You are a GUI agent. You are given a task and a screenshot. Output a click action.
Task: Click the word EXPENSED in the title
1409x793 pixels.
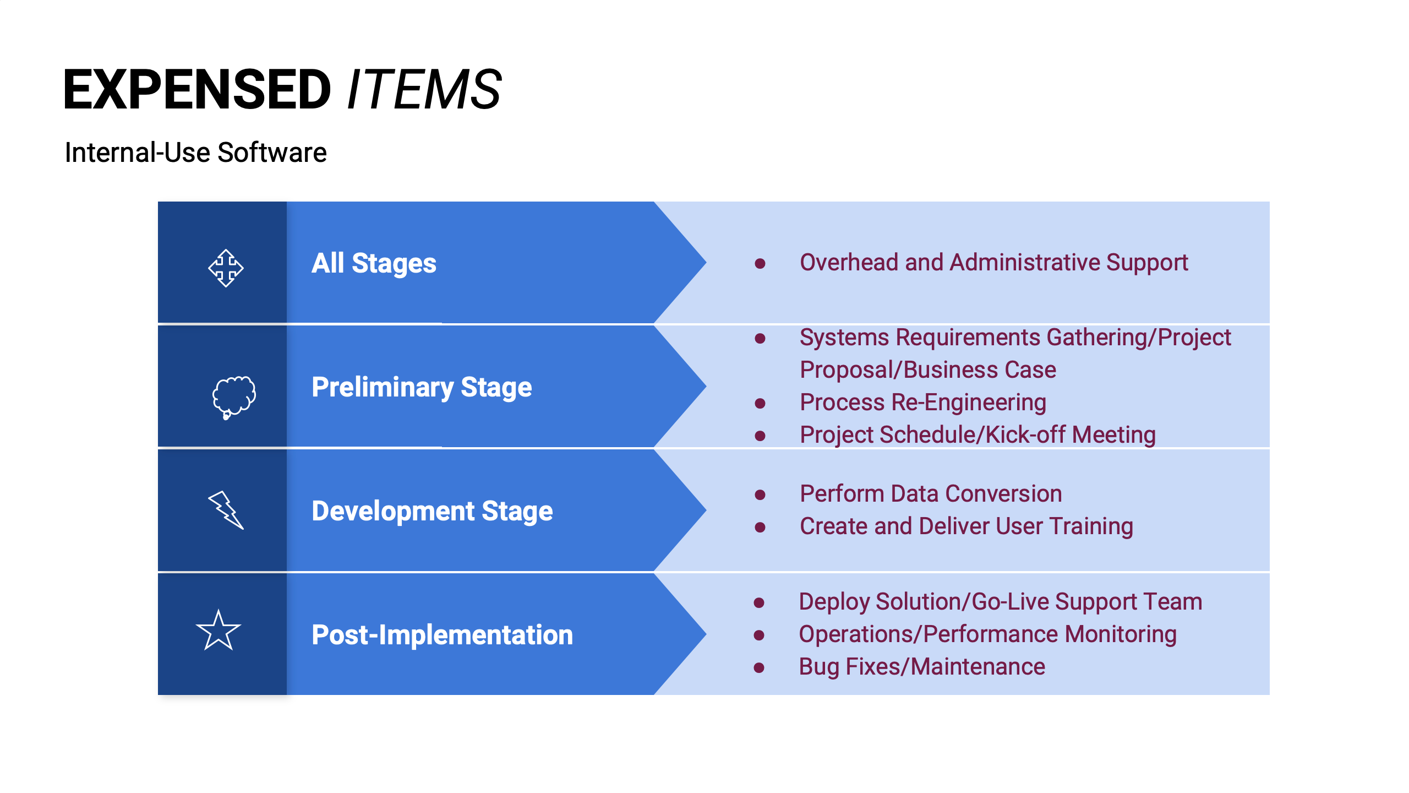[197, 89]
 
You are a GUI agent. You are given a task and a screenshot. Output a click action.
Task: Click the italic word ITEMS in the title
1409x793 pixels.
[424, 89]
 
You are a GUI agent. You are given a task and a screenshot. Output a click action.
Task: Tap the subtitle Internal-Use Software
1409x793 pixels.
[195, 153]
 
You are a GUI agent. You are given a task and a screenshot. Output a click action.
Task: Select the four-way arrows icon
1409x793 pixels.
[226, 268]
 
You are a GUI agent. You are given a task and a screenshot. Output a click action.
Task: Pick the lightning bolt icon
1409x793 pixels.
[226, 510]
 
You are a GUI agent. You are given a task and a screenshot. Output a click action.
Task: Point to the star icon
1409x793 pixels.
[219, 631]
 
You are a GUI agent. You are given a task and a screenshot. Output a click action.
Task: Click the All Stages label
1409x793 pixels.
[374, 263]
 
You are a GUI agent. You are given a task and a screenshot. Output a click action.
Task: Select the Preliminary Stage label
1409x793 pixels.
[422, 387]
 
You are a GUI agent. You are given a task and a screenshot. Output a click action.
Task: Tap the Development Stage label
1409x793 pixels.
[432, 511]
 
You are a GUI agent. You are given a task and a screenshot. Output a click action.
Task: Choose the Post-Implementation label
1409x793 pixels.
[442, 635]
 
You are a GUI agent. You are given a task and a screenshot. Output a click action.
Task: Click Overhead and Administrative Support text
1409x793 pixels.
[993, 263]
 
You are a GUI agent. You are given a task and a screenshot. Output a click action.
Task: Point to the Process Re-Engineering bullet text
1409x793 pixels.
[922, 403]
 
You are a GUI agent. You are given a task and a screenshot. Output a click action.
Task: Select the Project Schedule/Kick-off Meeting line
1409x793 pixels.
[977, 435]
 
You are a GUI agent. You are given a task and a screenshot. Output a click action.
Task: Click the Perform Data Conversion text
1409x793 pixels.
[931, 494]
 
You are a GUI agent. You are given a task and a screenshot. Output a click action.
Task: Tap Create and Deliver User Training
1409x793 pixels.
[966, 526]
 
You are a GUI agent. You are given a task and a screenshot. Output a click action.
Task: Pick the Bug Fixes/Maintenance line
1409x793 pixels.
[922, 667]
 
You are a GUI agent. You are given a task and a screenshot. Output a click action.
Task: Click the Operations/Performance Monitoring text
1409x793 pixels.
[987, 634]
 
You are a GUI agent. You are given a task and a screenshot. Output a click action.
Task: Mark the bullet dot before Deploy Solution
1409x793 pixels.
[759, 602]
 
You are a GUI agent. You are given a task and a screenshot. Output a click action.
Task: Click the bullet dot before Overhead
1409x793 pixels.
[760, 264]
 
